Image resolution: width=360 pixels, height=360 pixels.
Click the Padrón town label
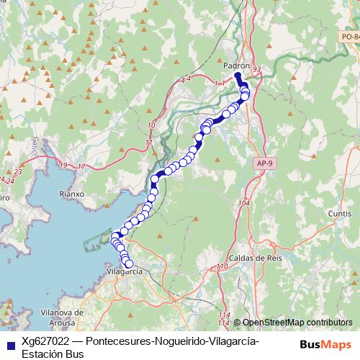(236, 65)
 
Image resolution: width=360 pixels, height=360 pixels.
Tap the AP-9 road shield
(264, 163)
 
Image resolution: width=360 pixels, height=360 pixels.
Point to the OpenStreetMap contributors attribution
(297, 323)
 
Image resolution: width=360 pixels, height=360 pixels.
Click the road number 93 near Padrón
(258, 68)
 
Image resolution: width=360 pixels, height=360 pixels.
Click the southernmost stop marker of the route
(129, 264)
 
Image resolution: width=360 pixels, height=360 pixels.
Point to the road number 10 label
(150, 126)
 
